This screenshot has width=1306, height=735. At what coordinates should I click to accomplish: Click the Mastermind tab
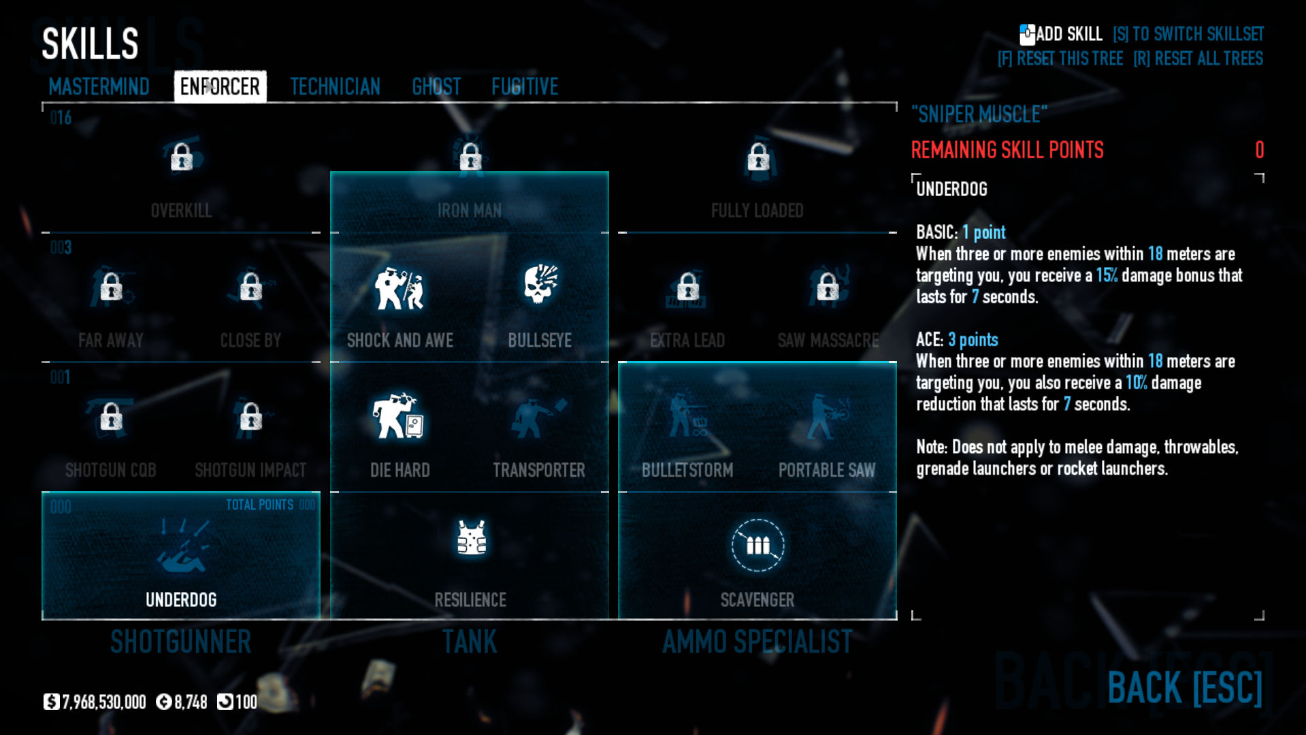99,87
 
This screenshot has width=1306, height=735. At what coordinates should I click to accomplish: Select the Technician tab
335,87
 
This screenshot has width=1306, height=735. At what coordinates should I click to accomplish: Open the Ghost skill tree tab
436,87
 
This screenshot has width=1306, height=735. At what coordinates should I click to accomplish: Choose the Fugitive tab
525,87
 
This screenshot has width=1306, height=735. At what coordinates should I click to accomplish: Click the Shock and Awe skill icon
399,288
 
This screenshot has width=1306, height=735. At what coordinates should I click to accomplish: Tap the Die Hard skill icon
398,416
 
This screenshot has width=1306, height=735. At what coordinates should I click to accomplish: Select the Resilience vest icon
471,538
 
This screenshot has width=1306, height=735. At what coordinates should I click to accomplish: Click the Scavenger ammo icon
757,545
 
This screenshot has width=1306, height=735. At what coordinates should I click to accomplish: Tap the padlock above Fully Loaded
758,157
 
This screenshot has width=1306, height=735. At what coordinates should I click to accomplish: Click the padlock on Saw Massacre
828,287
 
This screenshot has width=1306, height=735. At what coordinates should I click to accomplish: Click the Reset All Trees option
1198,59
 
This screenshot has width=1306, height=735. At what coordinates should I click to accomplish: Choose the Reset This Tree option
1060,59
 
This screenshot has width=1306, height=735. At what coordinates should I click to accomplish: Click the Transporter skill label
539,470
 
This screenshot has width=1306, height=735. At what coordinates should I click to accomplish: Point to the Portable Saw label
827,470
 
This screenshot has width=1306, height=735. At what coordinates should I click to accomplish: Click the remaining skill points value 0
1259,150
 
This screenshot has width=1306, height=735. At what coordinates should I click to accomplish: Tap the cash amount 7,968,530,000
103,702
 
